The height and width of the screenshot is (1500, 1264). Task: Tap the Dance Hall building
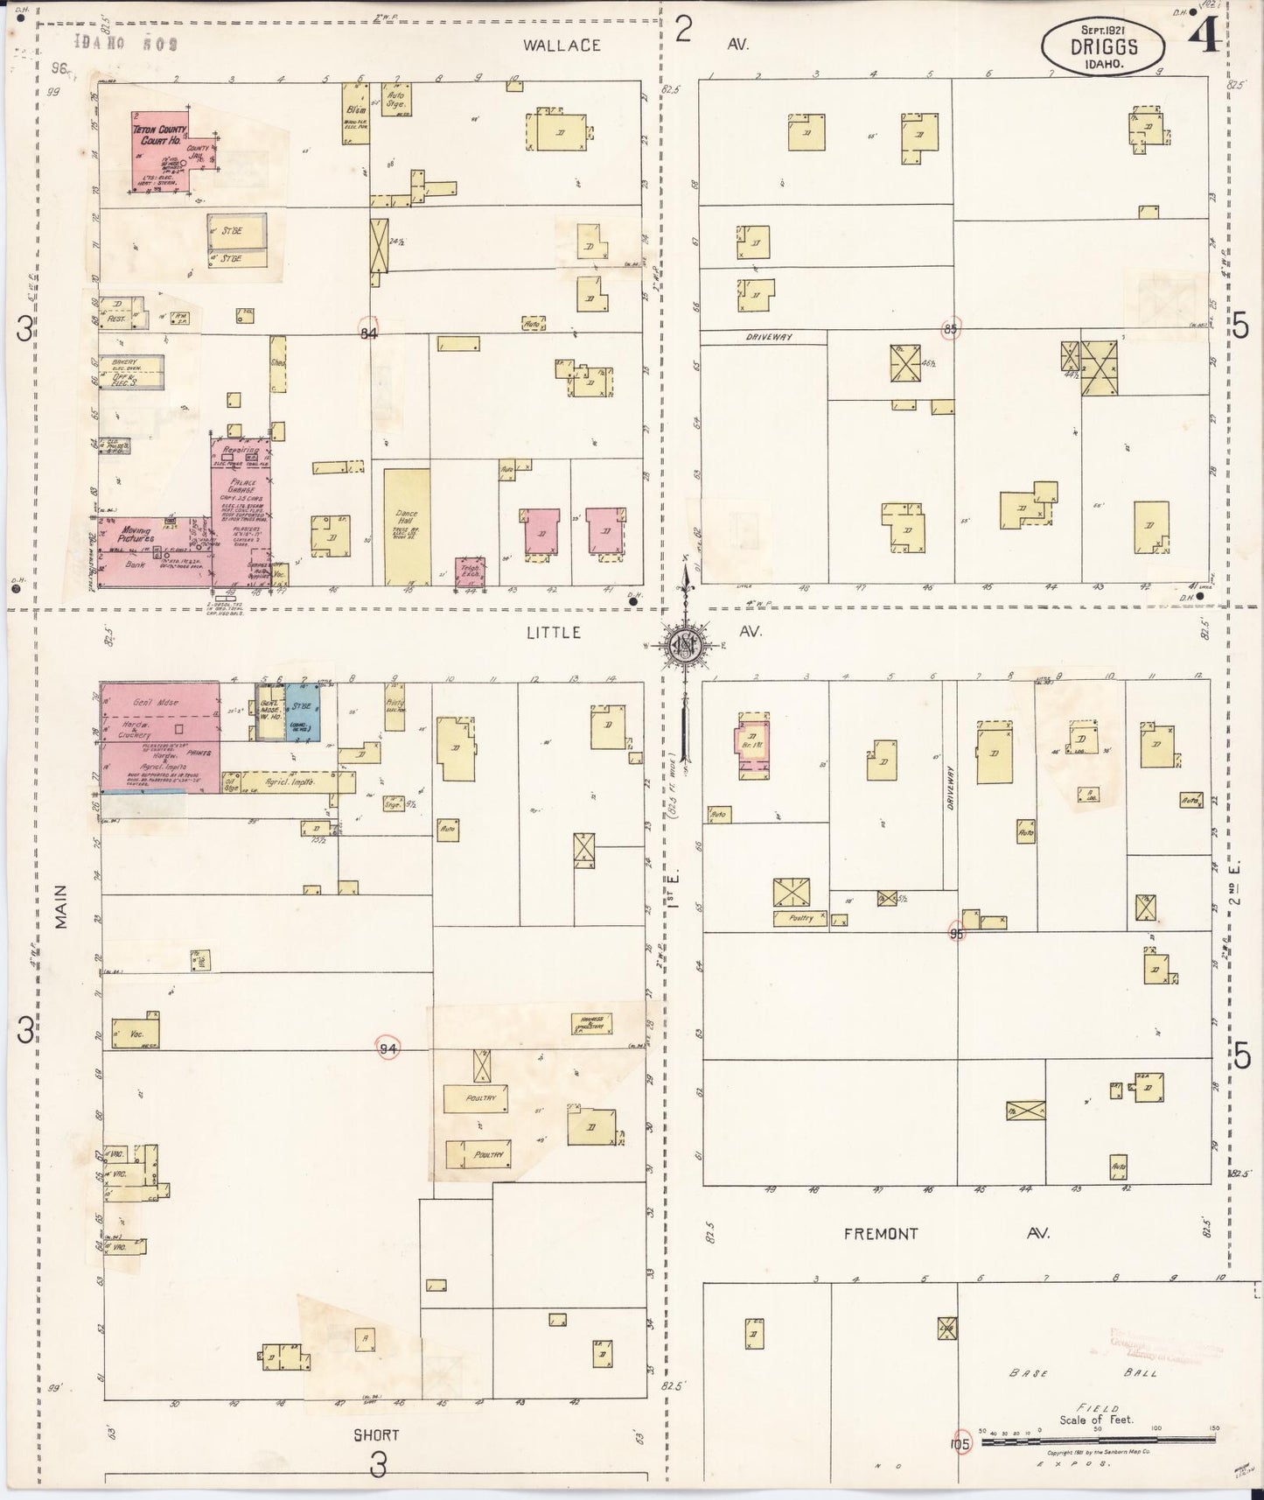(x=407, y=526)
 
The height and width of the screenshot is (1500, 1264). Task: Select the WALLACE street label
(x=562, y=45)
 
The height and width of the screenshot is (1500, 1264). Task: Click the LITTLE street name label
(x=555, y=633)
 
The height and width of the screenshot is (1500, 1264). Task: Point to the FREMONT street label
(x=881, y=1234)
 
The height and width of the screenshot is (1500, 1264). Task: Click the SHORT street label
(x=377, y=1435)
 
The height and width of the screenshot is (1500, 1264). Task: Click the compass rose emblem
(x=683, y=646)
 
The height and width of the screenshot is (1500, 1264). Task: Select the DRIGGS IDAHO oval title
(x=1102, y=48)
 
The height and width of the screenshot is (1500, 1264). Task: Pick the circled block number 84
(x=369, y=332)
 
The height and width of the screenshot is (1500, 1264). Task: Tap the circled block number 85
(x=951, y=329)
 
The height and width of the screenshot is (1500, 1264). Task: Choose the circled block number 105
(x=960, y=1444)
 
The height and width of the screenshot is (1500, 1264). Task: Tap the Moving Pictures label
(x=136, y=535)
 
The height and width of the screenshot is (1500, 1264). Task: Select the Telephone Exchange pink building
(x=470, y=571)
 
